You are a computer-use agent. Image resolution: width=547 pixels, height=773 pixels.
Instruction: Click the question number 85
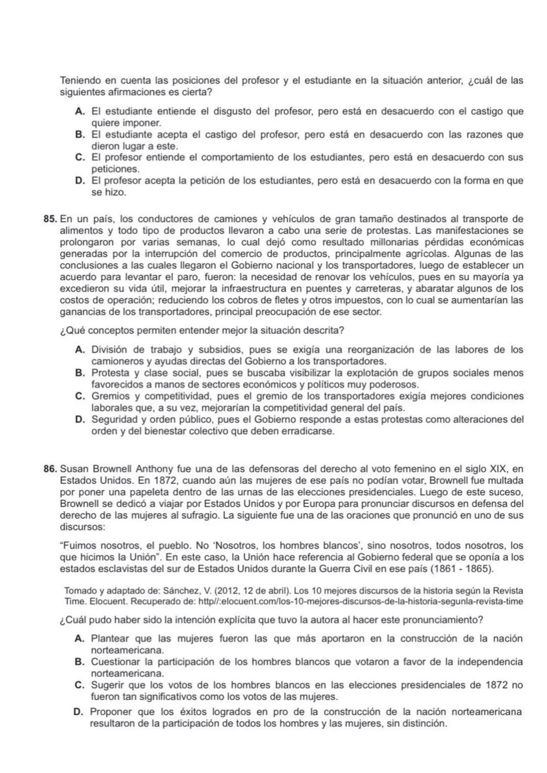(51, 219)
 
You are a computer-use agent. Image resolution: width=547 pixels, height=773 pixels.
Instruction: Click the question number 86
(51, 469)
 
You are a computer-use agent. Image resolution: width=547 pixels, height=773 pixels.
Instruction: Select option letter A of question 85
(80, 350)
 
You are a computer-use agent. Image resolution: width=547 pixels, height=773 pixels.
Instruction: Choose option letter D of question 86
(79, 712)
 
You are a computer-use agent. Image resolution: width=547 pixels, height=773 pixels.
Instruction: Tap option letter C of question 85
(80, 396)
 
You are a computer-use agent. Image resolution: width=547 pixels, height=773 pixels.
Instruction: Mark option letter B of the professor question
(80, 135)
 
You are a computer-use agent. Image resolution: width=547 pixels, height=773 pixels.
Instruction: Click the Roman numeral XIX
(501, 469)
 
